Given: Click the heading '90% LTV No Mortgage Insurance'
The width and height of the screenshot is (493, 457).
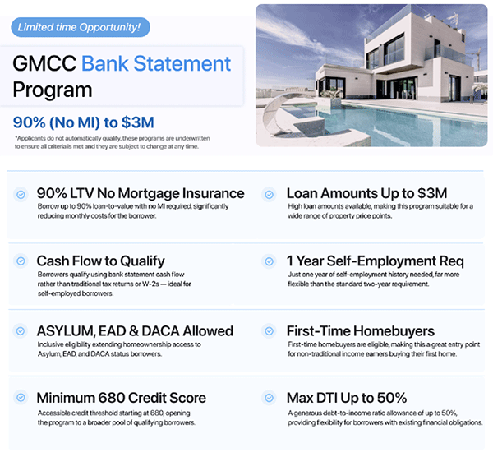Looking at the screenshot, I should [x=140, y=194].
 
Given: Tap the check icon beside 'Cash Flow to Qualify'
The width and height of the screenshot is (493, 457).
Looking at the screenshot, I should [x=21, y=261].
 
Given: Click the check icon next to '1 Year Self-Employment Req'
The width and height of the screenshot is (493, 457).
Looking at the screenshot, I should [x=268, y=261].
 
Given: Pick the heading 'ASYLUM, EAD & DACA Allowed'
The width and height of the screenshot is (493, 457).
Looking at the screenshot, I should [x=135, y=330].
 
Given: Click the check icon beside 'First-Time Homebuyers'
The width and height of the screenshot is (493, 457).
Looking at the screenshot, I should [x=268, y=330].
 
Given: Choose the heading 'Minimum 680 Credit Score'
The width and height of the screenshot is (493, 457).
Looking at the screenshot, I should [x=121, y=398].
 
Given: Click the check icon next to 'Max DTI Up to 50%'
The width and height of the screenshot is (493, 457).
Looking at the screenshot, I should [x=268, y=398].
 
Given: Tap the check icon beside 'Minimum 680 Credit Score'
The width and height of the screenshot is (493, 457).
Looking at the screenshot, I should [x=21, y=398].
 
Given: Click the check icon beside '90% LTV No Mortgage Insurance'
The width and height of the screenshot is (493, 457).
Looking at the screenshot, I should [x=21, y=194].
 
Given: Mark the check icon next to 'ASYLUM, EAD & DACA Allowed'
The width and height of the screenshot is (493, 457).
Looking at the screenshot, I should [x=21, y=330].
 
